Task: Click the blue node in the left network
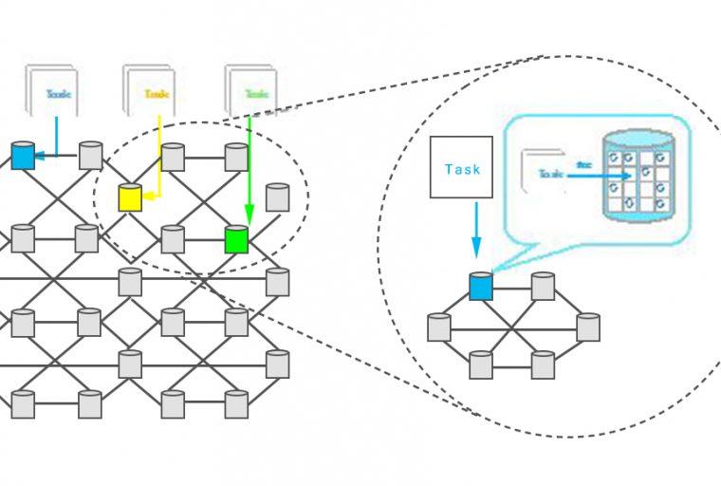tap(23, 155)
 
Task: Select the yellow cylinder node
tap(129, 197)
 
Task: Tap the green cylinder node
tap(236, 239)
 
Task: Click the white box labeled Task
tap(461, 169)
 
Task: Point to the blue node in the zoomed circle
tap(481, 286)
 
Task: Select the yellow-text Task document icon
tap(150, 92)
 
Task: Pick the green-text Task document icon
tap(251, 92)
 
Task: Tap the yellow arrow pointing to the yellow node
tap(157, 161)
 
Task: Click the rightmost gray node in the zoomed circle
tap(588, 327)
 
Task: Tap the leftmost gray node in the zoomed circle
tap(438, 327)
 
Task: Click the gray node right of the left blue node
tap(90, 155)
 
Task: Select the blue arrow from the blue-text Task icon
tap(52, 142)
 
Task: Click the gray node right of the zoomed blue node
tap(543, 286)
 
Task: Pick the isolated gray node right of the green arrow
tap(277, 197)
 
